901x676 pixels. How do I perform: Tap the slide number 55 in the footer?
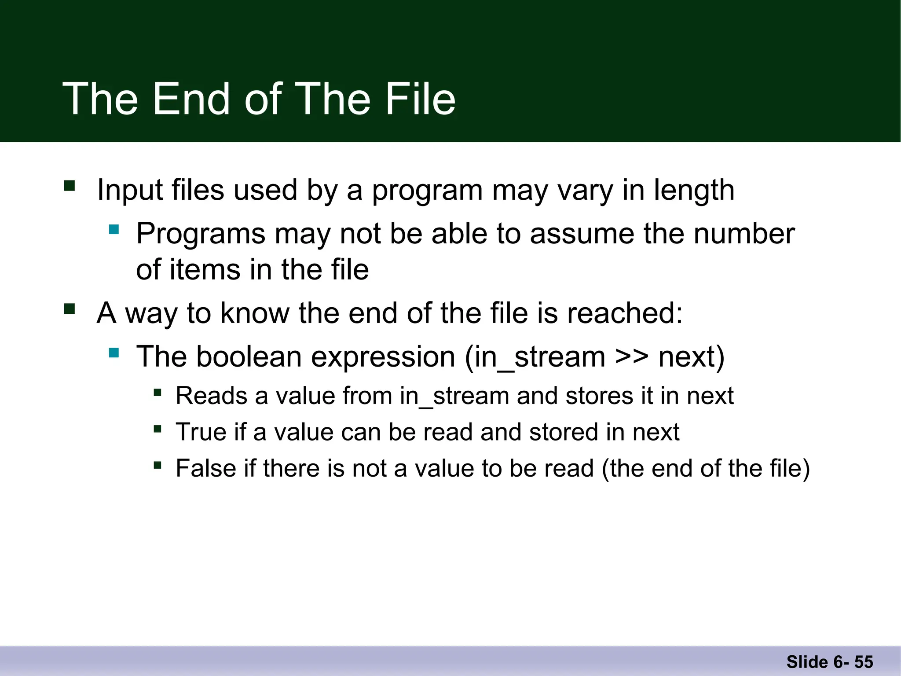click(864, 662)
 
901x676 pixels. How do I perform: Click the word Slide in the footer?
click(807, 662)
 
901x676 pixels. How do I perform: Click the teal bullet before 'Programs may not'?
click(114, 229)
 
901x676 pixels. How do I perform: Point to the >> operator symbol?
click(631, 356)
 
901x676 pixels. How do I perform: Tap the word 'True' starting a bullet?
click(201, 432)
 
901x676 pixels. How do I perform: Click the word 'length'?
click(694, 190)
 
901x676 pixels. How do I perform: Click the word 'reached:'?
click(625, 313)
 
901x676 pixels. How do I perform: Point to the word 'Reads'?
click(212, 396)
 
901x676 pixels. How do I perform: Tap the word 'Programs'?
click(201, 233)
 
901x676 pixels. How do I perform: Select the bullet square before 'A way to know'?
click(70, 309)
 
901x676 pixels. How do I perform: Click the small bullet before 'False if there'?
click(157, 465)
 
